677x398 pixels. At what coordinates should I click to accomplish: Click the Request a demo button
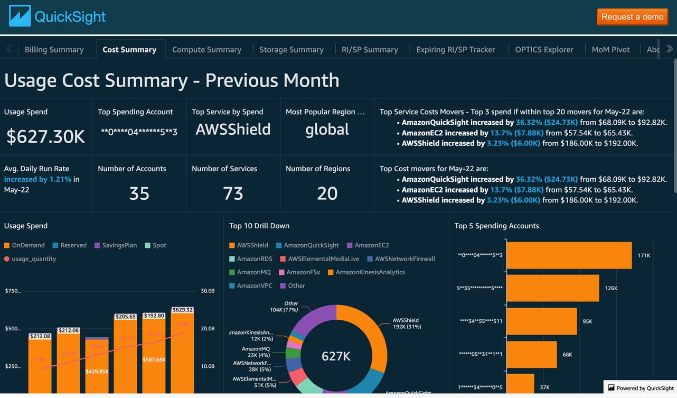632,17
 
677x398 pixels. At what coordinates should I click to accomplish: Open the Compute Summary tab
206,50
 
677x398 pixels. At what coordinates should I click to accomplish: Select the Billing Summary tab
54,50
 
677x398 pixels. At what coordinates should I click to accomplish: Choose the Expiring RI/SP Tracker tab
455,50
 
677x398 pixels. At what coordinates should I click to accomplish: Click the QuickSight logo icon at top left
20,16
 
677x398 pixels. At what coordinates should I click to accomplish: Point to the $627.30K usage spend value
45,136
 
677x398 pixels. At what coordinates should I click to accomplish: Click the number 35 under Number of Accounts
139,193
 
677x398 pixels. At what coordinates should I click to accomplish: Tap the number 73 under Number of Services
233,193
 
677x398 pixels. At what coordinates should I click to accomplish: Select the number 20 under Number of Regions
327,193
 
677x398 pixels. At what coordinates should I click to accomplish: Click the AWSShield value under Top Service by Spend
233,129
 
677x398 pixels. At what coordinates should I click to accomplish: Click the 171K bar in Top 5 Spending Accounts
569,255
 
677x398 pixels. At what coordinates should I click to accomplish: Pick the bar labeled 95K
541,321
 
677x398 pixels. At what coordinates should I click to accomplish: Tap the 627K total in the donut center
336,356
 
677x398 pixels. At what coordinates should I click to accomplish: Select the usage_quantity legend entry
33,259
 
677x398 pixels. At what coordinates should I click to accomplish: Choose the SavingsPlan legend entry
119,245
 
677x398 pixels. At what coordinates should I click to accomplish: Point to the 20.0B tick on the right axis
208,328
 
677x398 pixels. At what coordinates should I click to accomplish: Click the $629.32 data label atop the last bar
182,310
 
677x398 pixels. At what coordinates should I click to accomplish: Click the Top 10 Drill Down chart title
259,226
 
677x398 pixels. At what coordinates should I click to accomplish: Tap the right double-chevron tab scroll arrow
669,49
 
